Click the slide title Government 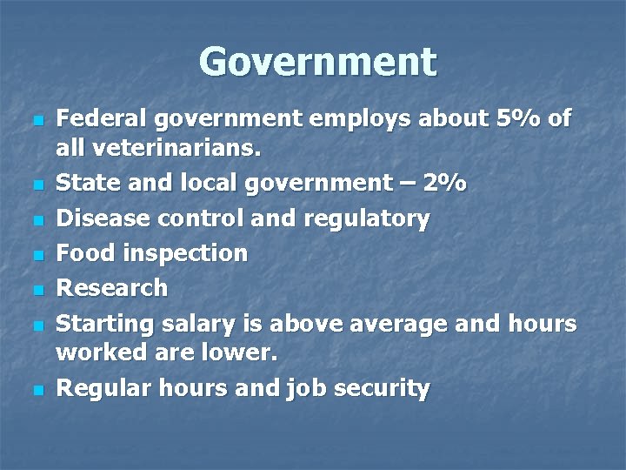click(317, 62)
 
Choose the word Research click(111, 287)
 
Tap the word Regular click(100, 389)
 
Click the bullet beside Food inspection click(36, 255)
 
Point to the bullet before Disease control click(36, 220)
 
